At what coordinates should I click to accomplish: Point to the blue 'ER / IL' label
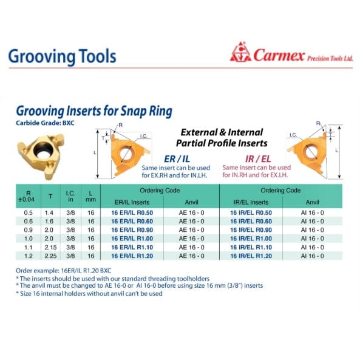click(x=175, y=157)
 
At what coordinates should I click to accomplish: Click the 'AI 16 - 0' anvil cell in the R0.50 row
click(x=312, y=212)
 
